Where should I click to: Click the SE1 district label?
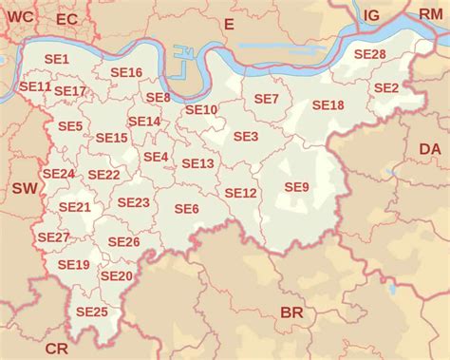[x=58, y=59]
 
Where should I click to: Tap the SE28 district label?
[x=369, y=54]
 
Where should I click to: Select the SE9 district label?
[x=296, y=187]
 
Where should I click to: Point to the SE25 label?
[x=92, y=312]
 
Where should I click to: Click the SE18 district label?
[x=328, y=105]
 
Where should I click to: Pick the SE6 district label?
[x=186, y=209]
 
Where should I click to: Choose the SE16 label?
[x=126, y=72]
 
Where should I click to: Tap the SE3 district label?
[x=245, y=137]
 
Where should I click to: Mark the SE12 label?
[x=240, y=193]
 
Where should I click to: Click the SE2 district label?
[x=385, y=87]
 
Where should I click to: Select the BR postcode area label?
[x=291, y=313]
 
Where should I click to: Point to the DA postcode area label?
[x=430, y=149]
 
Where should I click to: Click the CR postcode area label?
[x=57, y=349]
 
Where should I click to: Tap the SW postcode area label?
[x=25, y=189]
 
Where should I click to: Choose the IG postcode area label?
[x=371, y=14]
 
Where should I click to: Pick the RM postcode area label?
[x=430, y=14]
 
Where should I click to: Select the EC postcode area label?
[x=67, y=19]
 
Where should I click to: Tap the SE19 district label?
[x=73, y=264]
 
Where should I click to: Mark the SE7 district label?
[x=267, y=99]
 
